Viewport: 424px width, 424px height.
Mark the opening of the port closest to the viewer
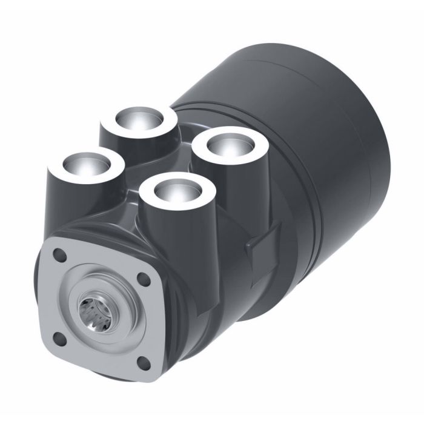(x=176, y=190)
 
